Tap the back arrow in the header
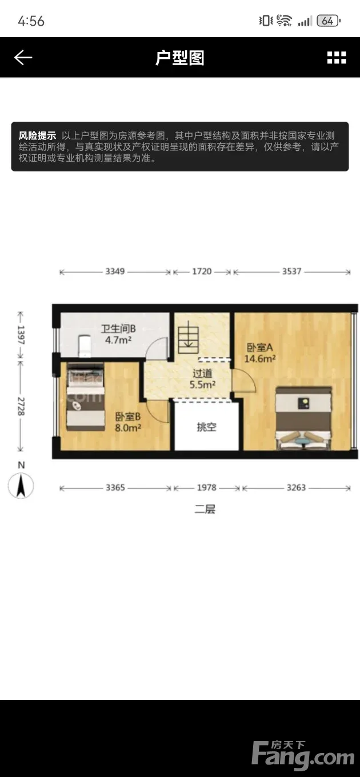point(23,57)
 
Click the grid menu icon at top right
point(337,58)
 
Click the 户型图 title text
point(179,58)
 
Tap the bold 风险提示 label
point(37,135)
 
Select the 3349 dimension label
point(115,271)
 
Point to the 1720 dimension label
point(202,271)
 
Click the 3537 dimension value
point(291,271)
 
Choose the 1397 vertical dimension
point(21,335)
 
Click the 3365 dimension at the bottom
point(115,487)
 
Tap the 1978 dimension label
point(207,487)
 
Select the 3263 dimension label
point(296,487)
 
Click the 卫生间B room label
point(118,329)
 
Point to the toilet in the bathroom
point(84,346)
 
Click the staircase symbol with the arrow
point(189,337)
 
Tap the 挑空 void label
point(207,427)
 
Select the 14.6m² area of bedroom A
point(260,358)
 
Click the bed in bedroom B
point(86,396)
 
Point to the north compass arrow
point(21,486)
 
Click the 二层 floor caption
point(205,509)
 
